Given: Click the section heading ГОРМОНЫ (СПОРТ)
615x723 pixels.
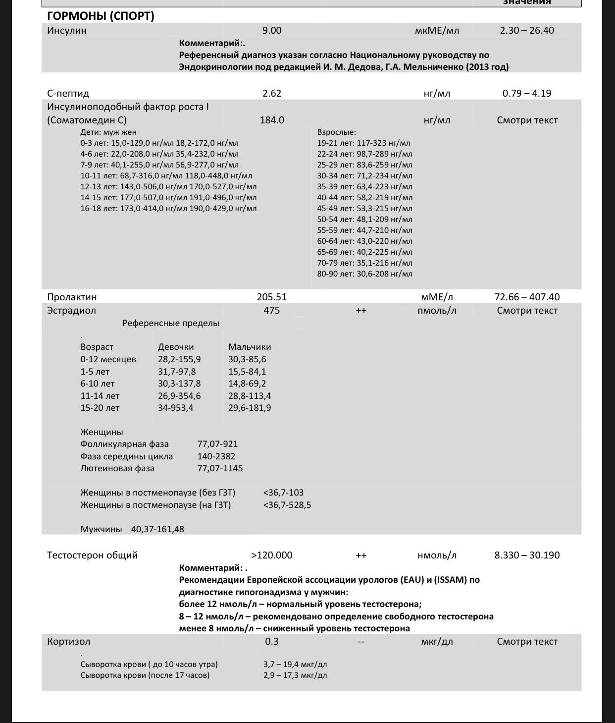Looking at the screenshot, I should (101, 16).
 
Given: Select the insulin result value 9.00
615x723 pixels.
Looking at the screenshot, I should (271, 30).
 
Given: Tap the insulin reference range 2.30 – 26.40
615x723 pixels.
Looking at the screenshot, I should (527, 30).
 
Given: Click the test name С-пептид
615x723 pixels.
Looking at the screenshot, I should (68, 93).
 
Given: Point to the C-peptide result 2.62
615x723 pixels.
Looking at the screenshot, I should (271, 93).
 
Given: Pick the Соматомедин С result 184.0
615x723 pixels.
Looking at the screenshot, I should (272, 120).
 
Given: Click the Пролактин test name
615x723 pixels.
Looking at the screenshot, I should (72, 297).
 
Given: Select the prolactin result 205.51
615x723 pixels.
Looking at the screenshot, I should (271, 297).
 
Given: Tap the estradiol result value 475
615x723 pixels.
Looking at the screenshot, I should (271, 310).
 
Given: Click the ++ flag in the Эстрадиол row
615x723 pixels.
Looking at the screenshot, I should (361, 311).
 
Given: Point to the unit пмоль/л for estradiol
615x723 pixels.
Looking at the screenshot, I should (437, 311).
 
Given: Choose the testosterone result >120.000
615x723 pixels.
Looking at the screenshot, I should (272, 555).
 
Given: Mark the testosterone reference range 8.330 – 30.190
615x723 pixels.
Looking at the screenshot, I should (527, 555).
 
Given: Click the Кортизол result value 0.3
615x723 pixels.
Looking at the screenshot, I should (272, 641).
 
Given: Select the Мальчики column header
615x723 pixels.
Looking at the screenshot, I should (250, 347).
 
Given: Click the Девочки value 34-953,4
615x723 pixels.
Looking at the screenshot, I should (176, 408).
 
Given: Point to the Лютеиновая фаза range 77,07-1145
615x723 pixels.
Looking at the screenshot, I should (220, 468).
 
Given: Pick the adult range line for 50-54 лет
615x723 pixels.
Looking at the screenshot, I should (364, 219).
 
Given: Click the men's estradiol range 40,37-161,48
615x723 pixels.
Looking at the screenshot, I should (157, 529).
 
